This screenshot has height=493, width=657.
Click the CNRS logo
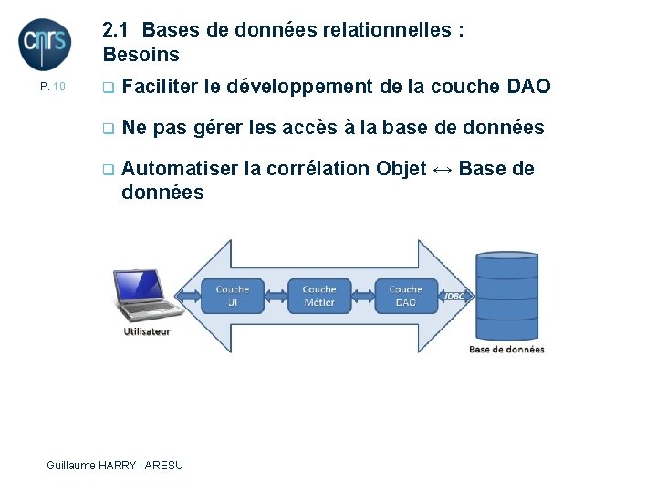(44, 44)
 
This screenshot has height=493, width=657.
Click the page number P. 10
(53, 87)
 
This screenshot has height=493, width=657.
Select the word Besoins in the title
(141, 55)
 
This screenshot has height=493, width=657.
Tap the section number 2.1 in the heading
(118, 30)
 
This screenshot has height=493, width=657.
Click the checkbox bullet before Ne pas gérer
(108, 129)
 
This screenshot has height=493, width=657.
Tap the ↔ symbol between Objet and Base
(443, 169)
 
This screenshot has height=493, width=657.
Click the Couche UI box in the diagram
(233, 295)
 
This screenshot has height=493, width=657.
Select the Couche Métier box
(319, 295)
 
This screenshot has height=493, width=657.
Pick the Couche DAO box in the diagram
(405, 295)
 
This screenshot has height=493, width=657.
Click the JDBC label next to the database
(455, 296)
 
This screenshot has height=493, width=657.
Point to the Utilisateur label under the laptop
(147, 331)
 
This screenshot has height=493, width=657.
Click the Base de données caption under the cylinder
(506, 349)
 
